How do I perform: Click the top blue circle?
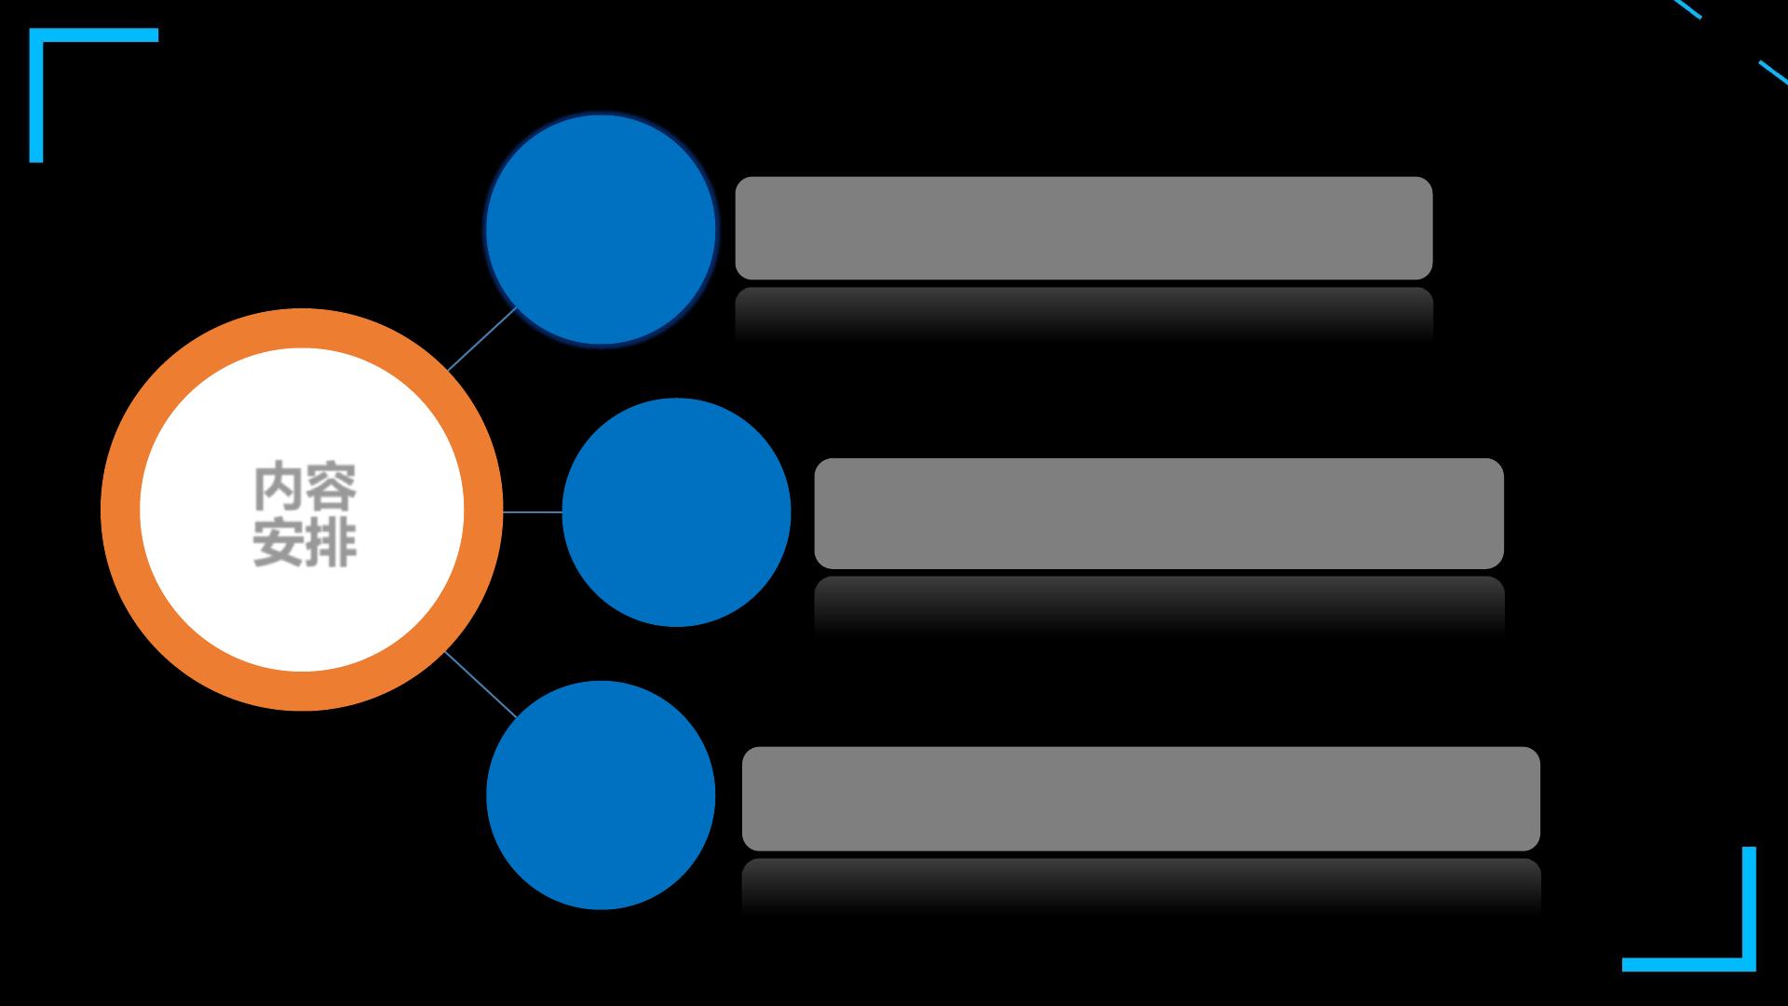pyautogui.click(x=601, y=229)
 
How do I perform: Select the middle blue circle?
pyautogui.click(x=676, y=512)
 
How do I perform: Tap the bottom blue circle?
pyautogui.click(x=601, y=795)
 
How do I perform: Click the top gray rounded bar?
pyautogui.click(x=1083, y=228)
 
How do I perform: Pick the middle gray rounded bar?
pyautogui.click(x=1158, y=513)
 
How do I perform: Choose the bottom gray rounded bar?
pyautogui.click(x=1141, y=798)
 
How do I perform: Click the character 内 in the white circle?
pyautogui.click(x=278, y=487)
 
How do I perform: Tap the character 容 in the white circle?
pyautogui.click(x=332, y=487)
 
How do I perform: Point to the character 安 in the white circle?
pyautogui.click(x=278, y=541)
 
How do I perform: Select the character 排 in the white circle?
pyautogui.click(x=332, y=541)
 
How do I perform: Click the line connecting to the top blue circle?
pyautogui.click(x=481, y=339)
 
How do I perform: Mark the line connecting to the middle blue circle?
pyautogui.click(x=533, y=511)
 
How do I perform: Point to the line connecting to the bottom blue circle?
pyautogui.click(x=481, y=685)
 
